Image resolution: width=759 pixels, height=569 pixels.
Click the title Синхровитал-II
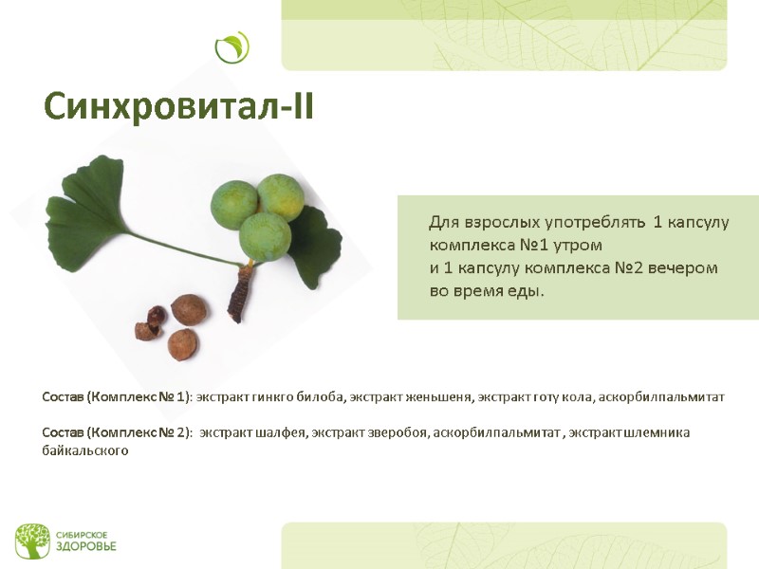pos(178,107)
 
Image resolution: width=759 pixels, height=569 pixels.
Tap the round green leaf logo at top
pos(231,47)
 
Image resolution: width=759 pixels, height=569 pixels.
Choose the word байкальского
pos(85,451)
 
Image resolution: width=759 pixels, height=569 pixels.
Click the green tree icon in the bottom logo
pos(31,541)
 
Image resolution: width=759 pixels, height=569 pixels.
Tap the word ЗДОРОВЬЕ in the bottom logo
pos(86,547)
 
